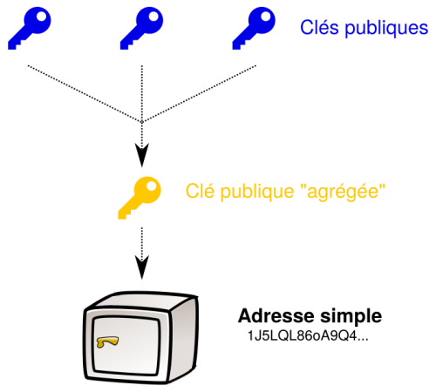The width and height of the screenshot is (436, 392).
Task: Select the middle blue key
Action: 141,28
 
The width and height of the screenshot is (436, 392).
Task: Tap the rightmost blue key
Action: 253,28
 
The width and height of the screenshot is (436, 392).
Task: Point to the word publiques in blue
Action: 384,29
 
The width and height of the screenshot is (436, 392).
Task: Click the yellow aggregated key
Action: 140,199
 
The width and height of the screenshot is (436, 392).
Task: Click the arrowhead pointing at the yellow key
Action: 140,156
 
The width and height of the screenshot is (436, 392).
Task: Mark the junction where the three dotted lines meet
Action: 140,121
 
